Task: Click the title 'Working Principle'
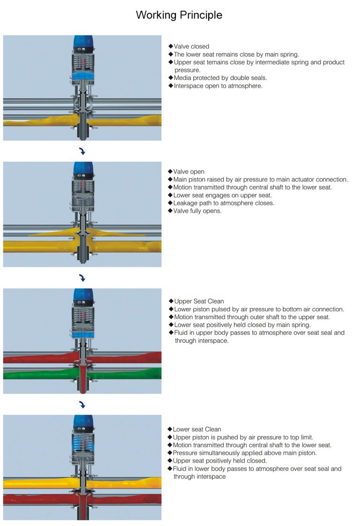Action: pos(179,15)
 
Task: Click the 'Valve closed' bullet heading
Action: pos(191,46)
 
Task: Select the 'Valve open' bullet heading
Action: pos(189,172)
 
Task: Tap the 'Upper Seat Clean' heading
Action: pos(199,301)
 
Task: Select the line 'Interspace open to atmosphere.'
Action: pos(218,86)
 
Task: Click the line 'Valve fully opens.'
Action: pos(197,211)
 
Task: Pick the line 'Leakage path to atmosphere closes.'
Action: pos(224,203)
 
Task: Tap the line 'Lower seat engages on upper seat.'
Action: pos(222,195)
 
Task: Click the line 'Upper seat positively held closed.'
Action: pos(219,460)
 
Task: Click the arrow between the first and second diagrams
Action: pos(82,151)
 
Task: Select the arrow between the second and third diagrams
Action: pos(82,278)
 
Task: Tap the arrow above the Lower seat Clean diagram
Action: pos(82,405)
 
